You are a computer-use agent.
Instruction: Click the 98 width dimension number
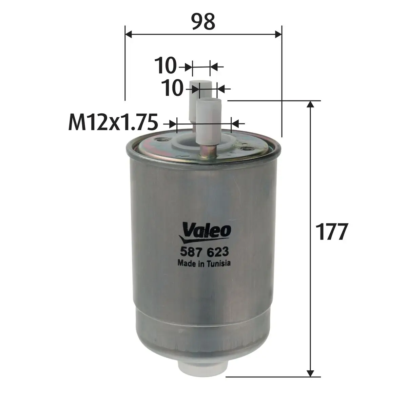[203, 22]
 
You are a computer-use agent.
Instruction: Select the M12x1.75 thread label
[113, 122]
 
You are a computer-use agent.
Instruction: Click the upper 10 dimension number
[166, 66]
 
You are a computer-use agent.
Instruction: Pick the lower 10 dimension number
[172, 88]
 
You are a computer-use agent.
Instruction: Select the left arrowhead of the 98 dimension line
[129, 34]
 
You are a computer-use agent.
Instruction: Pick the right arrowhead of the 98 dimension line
[278, 34]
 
